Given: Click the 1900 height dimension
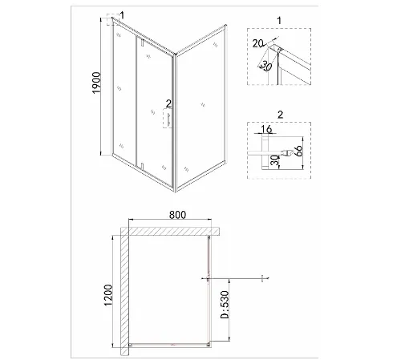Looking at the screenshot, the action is tap(96, 83).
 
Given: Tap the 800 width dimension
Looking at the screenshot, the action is tap(177, 215).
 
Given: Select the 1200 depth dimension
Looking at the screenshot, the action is tap(108, 295).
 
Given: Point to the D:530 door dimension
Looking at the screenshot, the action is tap(225, 305).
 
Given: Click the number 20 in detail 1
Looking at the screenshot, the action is tap(258, 43).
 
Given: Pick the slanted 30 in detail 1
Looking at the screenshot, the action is tap(266, 66).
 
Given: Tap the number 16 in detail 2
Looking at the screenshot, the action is tap(266, 129).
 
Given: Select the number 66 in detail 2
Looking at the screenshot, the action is tap(298, 151).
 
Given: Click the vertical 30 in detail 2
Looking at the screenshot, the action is tap(274, 160).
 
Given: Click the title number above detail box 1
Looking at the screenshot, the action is tap(279, 20).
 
